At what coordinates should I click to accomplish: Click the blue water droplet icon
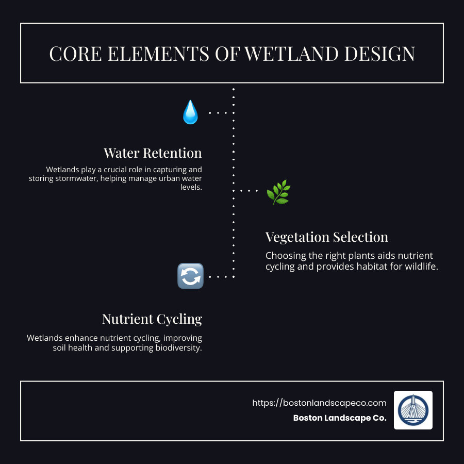click(190, 112)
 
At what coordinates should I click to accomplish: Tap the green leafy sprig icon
click(278, 192)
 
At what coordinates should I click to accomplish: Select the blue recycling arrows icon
click(190, 276)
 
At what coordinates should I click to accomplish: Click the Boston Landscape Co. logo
click(413, 410)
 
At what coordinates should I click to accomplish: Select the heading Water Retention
click(153, 153)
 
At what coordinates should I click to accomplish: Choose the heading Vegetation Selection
click(326, 237)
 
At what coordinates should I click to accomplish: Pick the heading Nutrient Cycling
click(152, 319)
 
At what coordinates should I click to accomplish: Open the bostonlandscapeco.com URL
click(319, 403)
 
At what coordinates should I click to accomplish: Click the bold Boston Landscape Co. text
click(339, 418)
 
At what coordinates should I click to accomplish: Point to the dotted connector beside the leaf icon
click(249, 191)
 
